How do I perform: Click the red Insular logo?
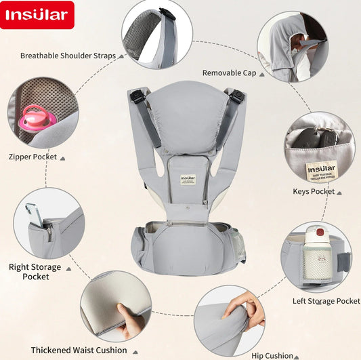coord(37,16)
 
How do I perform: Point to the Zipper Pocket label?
coord(33,157)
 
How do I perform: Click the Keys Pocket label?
coord(313,192)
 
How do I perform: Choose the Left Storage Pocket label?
coord(326,300)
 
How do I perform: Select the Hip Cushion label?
coord(271,355)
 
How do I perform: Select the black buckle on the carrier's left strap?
coord(138,97)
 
